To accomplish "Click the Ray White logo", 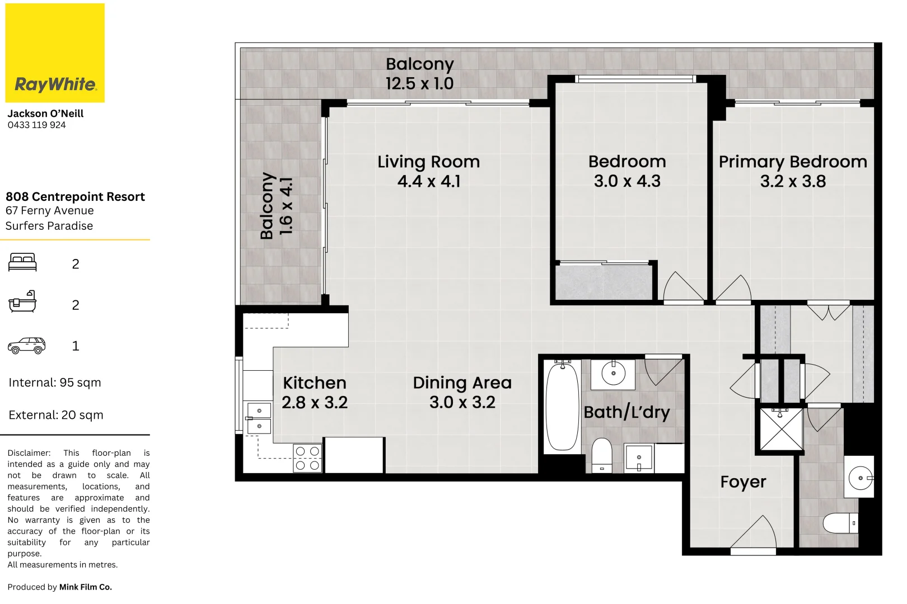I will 55,53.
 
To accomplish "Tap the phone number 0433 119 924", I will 36,125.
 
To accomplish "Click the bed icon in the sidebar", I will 22,262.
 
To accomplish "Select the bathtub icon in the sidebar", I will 22,302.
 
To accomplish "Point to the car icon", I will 26,346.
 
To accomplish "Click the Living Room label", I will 428,162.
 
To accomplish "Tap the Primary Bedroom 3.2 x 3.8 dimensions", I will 793,182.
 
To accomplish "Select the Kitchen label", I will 314,383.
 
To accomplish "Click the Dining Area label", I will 462,383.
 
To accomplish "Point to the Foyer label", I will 743,482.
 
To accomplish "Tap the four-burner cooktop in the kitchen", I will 307,458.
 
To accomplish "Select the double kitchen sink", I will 259,418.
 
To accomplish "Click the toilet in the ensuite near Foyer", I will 840,523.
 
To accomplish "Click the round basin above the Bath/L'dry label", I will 614,374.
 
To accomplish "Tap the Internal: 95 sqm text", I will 55,383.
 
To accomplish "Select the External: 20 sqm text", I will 56,416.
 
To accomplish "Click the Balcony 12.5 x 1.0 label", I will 419,74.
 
